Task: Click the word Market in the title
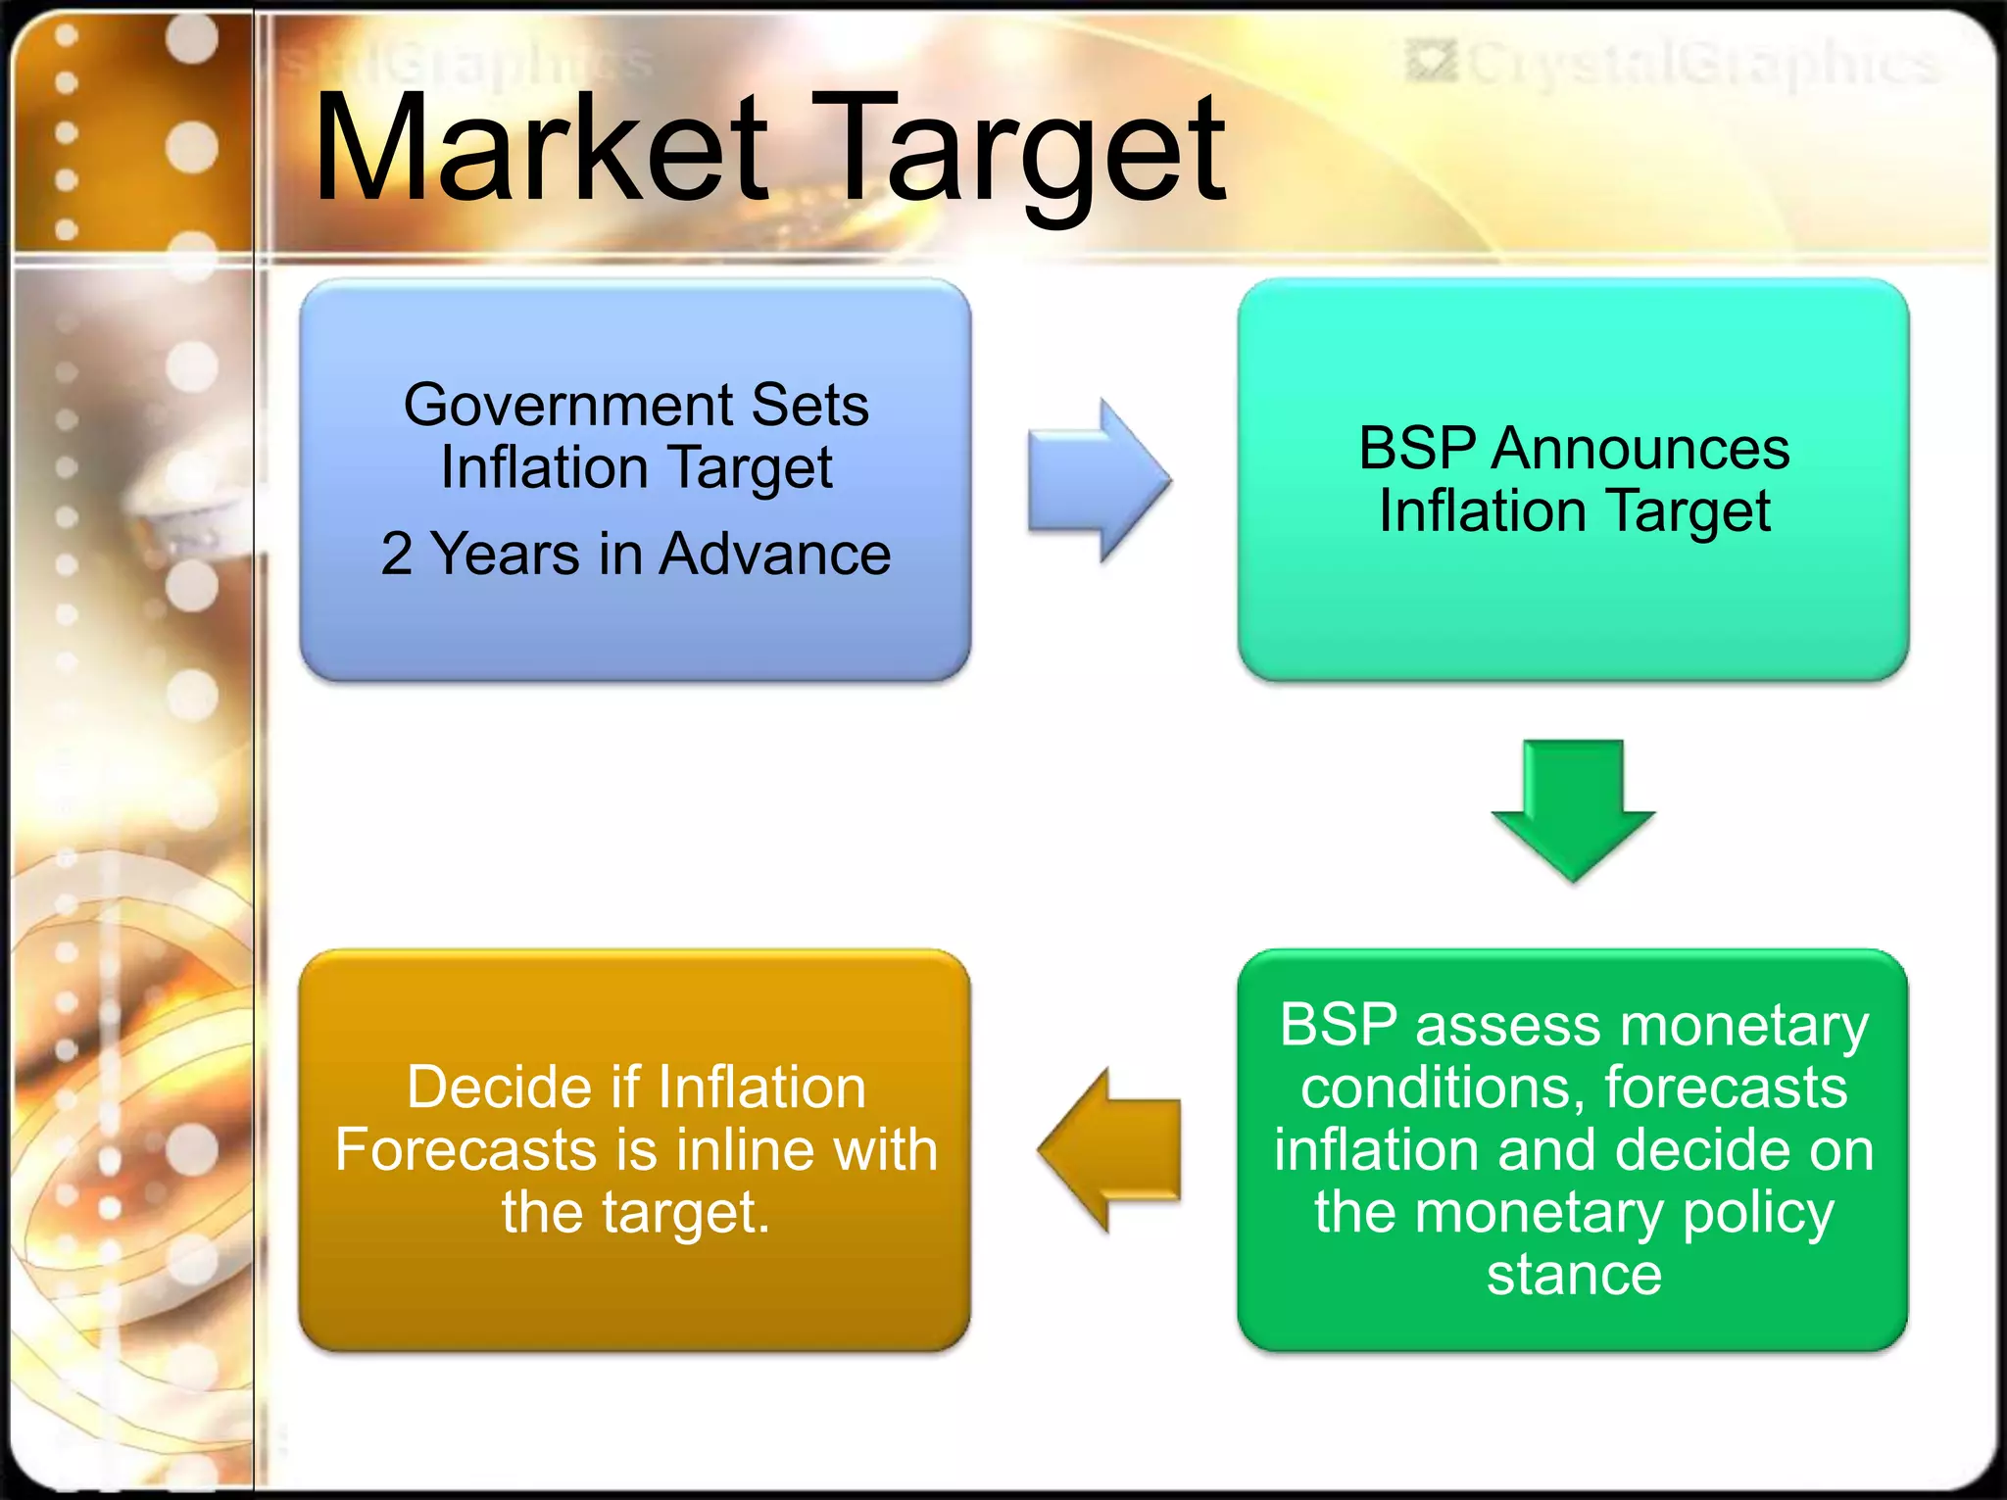(x=541, y=149)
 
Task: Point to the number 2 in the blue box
(x=396, y=554)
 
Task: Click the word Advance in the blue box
(x=774, y=554)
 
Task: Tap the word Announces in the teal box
(x=1640, y=449)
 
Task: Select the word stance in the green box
(x=1574, y=1274)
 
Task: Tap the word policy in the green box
(x=1758, y=1213)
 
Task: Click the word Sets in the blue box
(x=809, y=405)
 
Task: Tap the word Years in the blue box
(x=506, y=554)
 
